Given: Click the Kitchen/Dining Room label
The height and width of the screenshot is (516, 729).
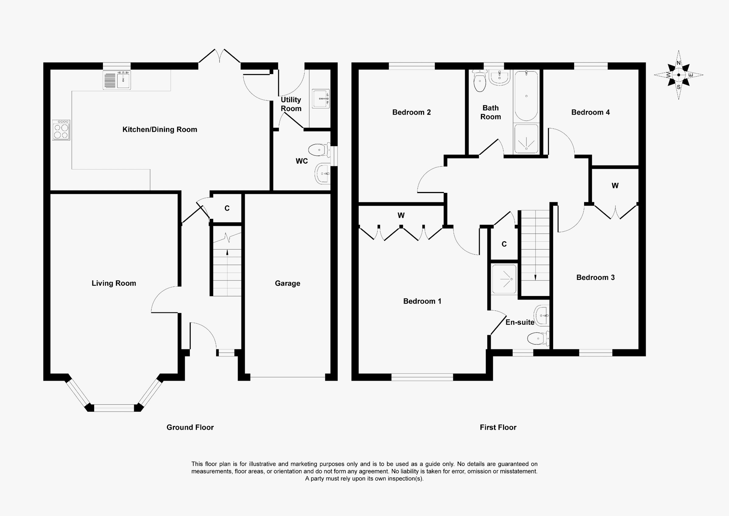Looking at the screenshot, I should (x=160, y=129).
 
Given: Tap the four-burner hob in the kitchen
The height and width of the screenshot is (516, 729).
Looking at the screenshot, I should (x=61, y=130).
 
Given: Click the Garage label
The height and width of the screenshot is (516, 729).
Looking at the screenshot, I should (x=287, y=283).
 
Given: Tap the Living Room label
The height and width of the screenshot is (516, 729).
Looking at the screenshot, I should (x=114, y=283).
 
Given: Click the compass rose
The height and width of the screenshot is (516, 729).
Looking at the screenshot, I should (x=679, y=75).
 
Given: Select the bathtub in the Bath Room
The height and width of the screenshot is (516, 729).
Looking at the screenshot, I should (x=526, y=96).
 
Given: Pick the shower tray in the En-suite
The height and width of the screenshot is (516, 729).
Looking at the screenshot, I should (x=504, y=279).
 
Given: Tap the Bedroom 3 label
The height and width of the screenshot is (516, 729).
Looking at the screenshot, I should (x=595, y=277).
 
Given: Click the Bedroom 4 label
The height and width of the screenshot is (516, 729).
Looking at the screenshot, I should (x=590, y=112).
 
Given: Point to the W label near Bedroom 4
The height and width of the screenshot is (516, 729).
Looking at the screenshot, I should (x=615, y=186).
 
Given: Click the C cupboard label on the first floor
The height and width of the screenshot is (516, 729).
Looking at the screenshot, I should (x=504, y=244).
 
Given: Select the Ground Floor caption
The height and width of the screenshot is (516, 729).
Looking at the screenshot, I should (x=190, y=427).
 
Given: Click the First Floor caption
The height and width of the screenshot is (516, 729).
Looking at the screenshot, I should (x=498, y=427).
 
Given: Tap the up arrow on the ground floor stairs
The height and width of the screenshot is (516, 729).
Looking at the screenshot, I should (x=227, y=253).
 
